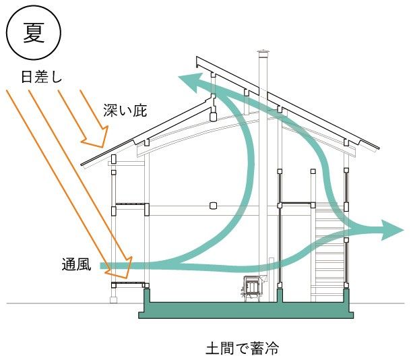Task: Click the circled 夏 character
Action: point(34,33)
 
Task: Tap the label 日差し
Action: point(41,78)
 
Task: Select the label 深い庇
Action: point(125,110)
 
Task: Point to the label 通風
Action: point(77,264)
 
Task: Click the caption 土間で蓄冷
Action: point(243,348)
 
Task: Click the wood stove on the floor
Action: point(251,288)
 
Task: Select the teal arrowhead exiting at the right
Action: point(391,230)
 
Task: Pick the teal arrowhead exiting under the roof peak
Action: point(189,82)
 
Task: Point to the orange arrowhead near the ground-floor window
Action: point(121,269)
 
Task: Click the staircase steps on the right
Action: point(329,251)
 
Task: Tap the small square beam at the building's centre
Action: point(214,206)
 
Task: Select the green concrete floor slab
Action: point(246,310)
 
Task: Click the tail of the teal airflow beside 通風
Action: point(102,266)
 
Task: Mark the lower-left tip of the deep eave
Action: point(82,164)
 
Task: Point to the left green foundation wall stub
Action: point(147,296)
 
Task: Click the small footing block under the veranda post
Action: point(113,300)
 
